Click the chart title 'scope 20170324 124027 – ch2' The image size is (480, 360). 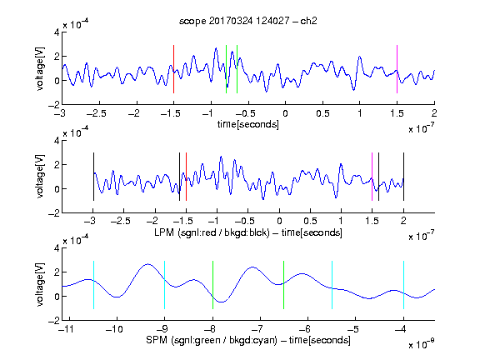point(248,21)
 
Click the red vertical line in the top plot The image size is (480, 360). point(173,69)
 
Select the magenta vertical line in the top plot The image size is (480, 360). point(397,69)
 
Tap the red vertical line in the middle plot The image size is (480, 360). point(186,177)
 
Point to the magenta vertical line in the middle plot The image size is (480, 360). point(372,177)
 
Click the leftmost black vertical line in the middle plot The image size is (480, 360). point(93,177)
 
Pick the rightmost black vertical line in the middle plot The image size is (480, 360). point(403,177)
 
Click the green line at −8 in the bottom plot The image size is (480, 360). point(212,285)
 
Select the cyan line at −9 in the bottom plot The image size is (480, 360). point(164,285)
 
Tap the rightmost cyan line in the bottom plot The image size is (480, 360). point(403,285)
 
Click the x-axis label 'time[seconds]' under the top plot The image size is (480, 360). point(248,125)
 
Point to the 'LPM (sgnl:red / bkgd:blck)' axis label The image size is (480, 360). point(212,232)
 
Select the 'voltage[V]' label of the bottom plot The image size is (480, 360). point(40,284)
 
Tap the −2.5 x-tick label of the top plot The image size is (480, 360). point(97,113)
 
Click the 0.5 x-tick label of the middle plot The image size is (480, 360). point(310,221)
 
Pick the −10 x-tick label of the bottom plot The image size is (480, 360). point(114,329)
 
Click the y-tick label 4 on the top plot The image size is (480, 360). point(57,32)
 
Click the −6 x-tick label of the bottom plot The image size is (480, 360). point(305,329)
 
